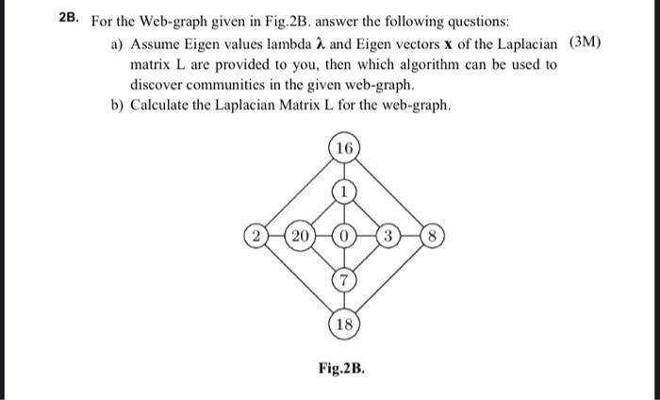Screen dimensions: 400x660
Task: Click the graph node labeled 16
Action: coord(345,149)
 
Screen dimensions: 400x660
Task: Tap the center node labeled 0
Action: coord(345,235)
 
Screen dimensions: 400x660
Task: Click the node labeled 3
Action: coord(388,235)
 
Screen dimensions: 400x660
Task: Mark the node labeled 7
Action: coord(345,277)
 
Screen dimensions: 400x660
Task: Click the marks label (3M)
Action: coord(586,44)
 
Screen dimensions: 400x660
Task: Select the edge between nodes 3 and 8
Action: coord(409,235)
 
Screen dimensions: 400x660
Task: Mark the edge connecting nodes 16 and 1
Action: coord(345,171)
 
